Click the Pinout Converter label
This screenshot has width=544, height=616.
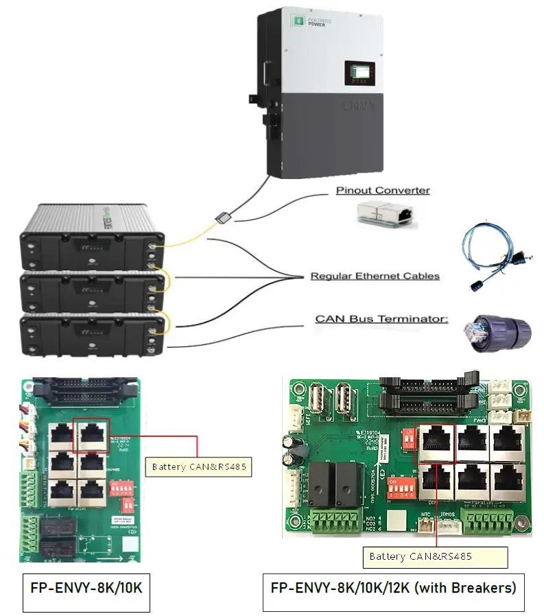pos(382,190)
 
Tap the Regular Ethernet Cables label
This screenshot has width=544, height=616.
pos(375,276)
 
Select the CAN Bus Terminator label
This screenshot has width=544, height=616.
pos(381,319)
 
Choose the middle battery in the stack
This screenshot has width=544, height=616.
pos(91,292)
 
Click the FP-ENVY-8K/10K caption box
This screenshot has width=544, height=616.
pos(86,589)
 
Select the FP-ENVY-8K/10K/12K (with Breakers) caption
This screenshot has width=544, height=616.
pos(393,589)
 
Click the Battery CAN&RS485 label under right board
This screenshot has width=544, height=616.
pos(421,556)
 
